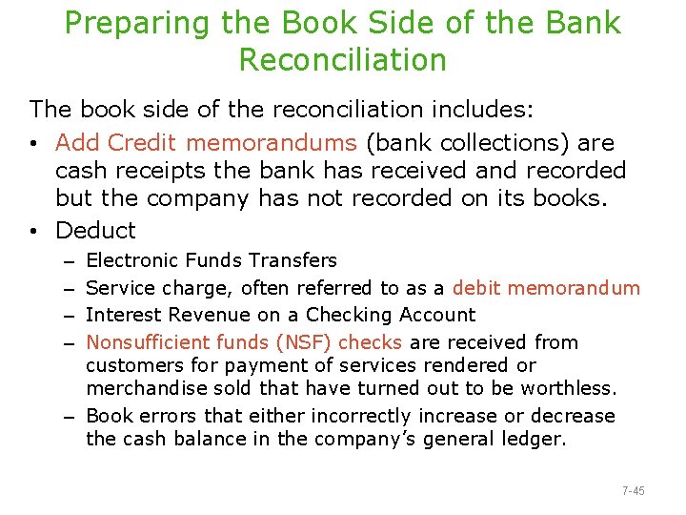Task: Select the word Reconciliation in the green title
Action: click(342, 60)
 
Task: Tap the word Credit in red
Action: click(142, 143)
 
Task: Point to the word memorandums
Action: click(272, 143)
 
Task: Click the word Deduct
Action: click(95, 230)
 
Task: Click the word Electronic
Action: click(131, 260)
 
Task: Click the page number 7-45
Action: click(633, 491)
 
